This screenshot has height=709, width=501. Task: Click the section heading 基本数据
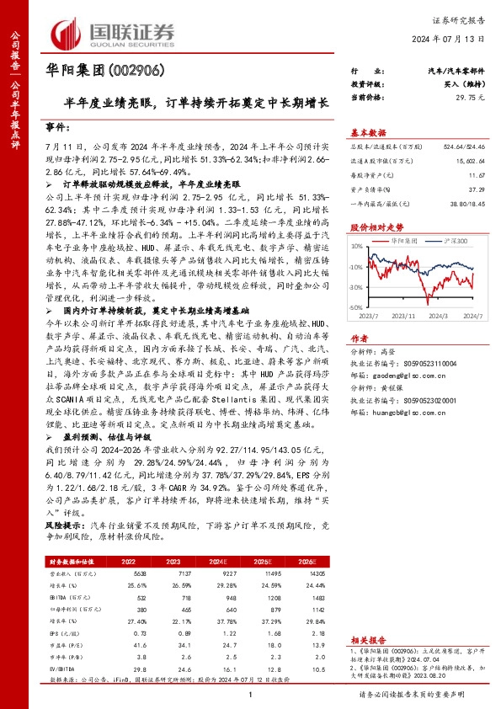(x=368, y=132)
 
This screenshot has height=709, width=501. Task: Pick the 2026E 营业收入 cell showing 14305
(x=316, y=572)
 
